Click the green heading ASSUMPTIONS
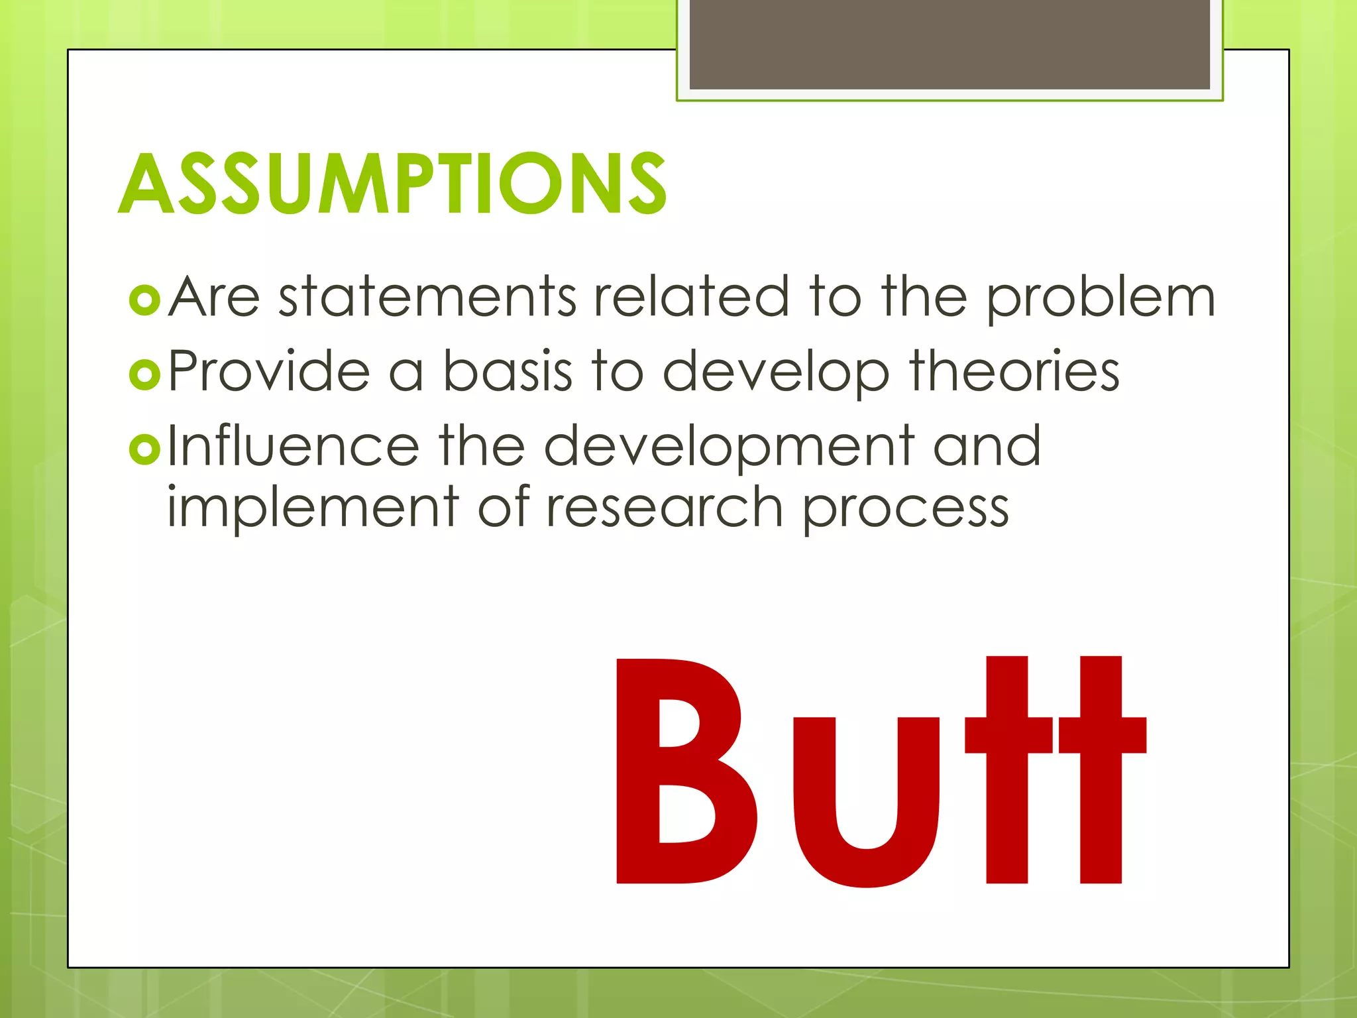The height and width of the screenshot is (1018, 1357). click(x=392, y=184)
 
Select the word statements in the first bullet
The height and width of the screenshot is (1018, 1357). click(x=427, y=296)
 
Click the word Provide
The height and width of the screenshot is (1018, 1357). click(x=268, y=371)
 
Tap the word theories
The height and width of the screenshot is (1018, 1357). click(x=1014, y=371)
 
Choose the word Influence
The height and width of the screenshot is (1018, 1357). click(x=294, y=446)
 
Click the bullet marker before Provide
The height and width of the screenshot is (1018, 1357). click(x=144, y=374)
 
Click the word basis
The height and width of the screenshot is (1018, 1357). click(x=507, y=371)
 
